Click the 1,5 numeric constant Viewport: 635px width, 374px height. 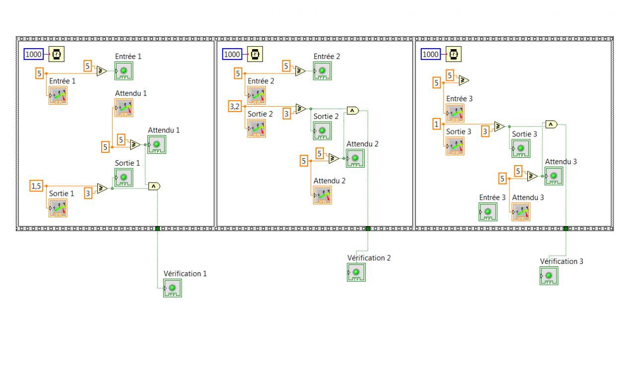[x=36, y=186]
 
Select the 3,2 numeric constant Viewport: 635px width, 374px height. [x=234, y=106]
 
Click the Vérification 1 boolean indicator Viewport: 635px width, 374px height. [x=173, y=288]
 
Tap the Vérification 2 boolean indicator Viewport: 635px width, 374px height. [x=356, y=272]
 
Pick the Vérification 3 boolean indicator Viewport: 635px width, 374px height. [x=549, y=276]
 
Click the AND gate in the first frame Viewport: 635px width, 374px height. [x=154, y=187]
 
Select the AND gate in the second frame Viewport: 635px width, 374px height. [x=352, y=110]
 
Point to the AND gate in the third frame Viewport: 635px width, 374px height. [x=551, y=125]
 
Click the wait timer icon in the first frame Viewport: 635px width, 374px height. [x=57, y=54]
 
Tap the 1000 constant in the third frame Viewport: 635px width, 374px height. [x=431, y=54]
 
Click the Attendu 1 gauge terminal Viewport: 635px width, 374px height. [x=124, y=107]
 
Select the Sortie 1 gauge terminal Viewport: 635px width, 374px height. [x=58, y=207]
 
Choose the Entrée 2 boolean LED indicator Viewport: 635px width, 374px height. [x=322, y=71]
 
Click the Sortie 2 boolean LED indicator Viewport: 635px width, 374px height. [x=321, y=130]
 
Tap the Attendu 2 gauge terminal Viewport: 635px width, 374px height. [x=322, y=195]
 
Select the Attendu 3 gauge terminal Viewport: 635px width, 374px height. [x=520, y=212]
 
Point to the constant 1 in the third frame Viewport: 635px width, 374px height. [x=437, y=124]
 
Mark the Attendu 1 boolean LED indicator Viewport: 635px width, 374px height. [x=156, y=144]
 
